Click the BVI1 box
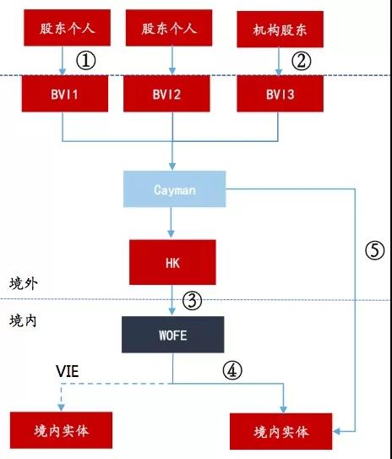(x=65, y=94)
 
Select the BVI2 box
(x=166, y=94)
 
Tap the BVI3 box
(x=280, y=94)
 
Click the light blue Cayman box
(x=174, y=189)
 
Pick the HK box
(x=172, y=262)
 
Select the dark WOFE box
(x=173, y=335)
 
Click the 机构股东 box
(x=280, y=30)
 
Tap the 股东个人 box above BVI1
(x=67, y=28)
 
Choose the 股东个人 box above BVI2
(x=169, y=28)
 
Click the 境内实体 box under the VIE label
(x=61, y=430)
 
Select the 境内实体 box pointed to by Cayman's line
(x=280, y=431)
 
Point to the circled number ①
(x=86, y=61)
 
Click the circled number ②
(x=301, y=61)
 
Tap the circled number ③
(x=192, y=301)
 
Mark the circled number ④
(x=232, y=370)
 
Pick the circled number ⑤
(x=375, y=250)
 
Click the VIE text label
(x=68, y=371)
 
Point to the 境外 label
(x=24, y=283)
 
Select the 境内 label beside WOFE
(x=23, y=321)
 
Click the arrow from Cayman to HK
(x=171, y=222)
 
